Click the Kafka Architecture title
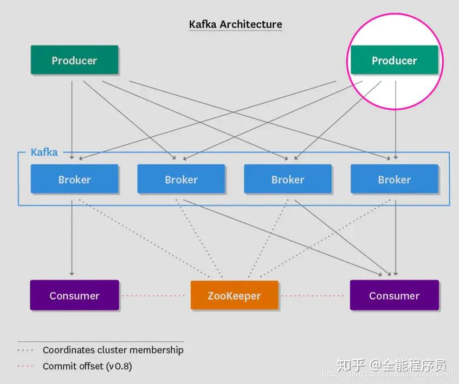[x=235, y=24]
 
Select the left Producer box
[x=74, y=60]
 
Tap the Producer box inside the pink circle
[x=394, y=60]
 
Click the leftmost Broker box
[x=74, y=180]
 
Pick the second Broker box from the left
[x=181, y=180]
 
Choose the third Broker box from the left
[x=288, y=180]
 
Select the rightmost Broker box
[x=394, y=180]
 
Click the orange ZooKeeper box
[x=234, y=296]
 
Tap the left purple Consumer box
[x=74, y=295]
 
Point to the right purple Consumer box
[x=394, y=295]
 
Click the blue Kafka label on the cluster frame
[x=44, y=152]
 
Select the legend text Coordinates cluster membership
[x=113, y=350]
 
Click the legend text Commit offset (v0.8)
[x=87, y=366]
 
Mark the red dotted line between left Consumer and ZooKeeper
[x=154, y=296]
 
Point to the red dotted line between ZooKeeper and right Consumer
[x=314, y=296]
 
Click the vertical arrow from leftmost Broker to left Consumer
[x=72, y=238]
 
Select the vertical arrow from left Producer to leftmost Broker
[x=72, y=119]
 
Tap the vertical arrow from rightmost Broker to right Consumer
[x=396, y=238]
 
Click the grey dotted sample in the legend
[x=26, y=350]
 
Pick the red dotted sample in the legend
[x=26, y=367]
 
